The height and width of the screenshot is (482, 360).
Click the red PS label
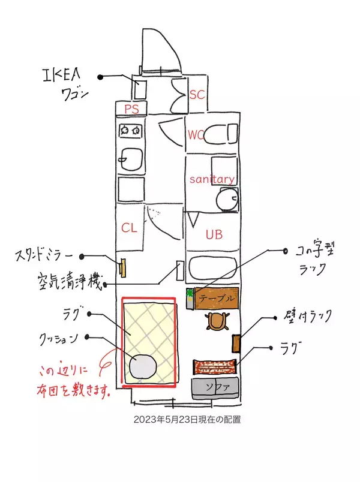pos(131,109)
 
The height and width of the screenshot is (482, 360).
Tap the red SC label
pos(197,94)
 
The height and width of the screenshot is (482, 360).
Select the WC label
pos(196,135)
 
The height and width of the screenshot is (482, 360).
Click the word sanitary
pos(211,179)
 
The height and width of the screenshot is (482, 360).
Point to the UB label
pos(214,234)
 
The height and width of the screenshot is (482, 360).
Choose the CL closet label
pos(130,228)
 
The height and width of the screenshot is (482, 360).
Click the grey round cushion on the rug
pos(143,366)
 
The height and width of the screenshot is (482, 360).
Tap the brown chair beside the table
pos(217,321)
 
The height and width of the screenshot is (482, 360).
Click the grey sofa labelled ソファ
pos(214,388)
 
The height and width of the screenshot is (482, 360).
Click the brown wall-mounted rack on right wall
pos(236,342)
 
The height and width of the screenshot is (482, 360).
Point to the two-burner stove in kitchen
pos(130,129)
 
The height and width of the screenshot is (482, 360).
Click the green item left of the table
pos(190,294)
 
